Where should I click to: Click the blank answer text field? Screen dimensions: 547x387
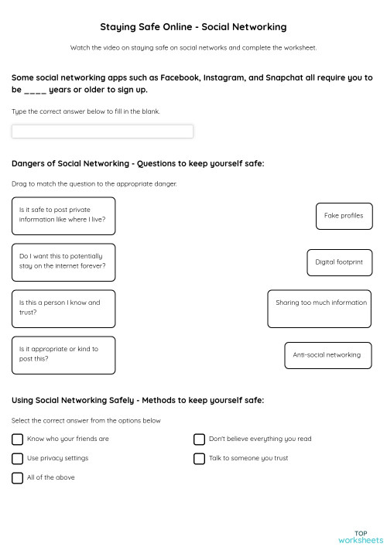102,132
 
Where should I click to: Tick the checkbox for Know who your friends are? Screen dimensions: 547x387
18,439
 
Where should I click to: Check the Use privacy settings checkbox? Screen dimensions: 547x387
18,458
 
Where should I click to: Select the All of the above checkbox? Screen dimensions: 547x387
18,478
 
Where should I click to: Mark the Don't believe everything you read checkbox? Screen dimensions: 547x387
199,439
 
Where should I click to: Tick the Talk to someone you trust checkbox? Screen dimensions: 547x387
199,458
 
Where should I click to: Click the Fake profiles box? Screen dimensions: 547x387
344,216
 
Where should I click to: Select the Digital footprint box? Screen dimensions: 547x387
339,262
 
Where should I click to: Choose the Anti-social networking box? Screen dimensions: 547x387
327,355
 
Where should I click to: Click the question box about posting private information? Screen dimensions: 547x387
63,216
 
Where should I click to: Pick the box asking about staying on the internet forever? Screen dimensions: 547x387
63,262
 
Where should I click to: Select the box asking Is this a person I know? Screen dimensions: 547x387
63,308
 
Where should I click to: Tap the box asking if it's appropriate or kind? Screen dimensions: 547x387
63,355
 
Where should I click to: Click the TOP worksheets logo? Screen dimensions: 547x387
361,536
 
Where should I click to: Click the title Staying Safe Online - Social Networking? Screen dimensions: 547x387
193,27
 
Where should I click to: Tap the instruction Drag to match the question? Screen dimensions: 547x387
94,184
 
